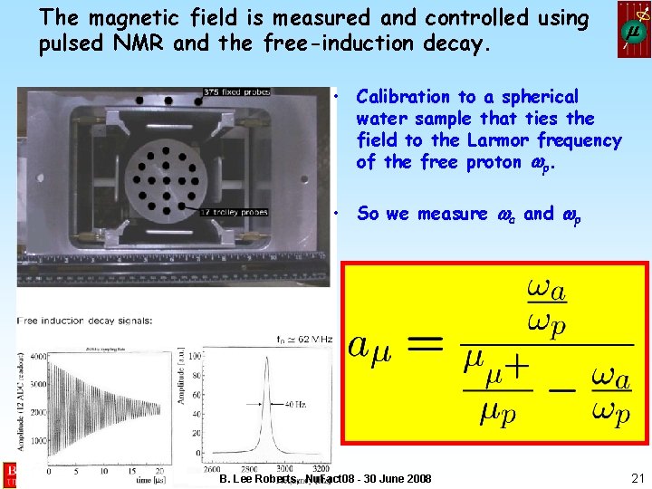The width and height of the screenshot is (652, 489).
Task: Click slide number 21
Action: click(636, 478)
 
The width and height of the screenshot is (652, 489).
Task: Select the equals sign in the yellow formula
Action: click(427, 344)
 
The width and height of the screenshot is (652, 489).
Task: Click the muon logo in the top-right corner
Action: click(633, 29)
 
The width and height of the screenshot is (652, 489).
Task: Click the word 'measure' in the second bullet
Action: click(454, 214)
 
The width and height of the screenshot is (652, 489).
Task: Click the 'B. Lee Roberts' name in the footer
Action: click(261, 478)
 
